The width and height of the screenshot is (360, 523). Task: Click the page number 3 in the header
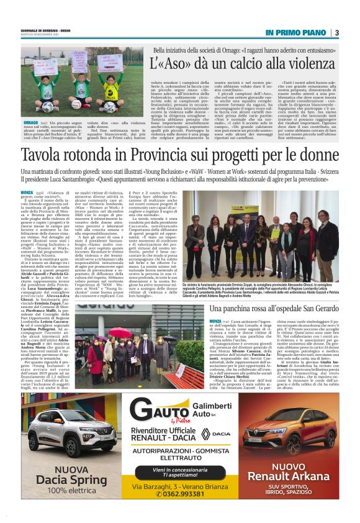[336, 32]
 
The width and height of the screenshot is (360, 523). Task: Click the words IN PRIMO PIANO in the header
[295, 32]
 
